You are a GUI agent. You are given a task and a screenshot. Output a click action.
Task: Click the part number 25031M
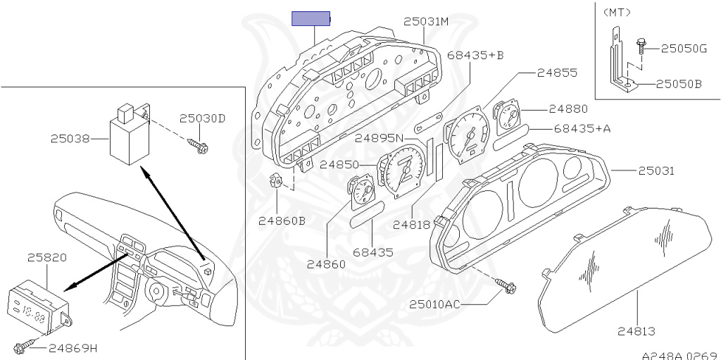(426, 22)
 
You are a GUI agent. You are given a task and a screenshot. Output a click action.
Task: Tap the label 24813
(637, 330)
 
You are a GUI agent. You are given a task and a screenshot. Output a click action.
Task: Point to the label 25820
(47, 257)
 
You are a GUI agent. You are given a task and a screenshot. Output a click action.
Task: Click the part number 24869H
(73, 348)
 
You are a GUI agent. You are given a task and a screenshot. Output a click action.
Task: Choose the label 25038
(70, 139)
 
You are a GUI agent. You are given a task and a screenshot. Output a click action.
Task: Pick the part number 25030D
(201, 118)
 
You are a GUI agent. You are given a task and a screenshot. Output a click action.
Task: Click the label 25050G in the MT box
(684, 49)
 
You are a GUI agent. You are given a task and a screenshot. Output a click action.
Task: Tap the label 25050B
(679, 84)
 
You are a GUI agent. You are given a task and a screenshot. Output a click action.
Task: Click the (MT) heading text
(617, 12)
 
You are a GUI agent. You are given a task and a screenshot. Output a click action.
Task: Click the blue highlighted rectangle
(311, 18)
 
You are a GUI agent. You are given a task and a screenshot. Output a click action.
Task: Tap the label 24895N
(380, 137)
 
